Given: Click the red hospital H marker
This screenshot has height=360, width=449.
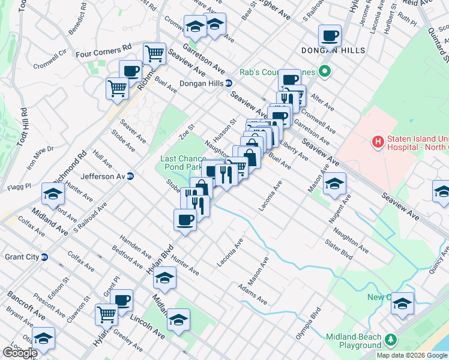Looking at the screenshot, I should tap(378, 143).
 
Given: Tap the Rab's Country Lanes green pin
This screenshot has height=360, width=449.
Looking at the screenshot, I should tap(325, 73).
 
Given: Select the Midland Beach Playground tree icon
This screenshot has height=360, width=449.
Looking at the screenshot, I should tap(391, 340).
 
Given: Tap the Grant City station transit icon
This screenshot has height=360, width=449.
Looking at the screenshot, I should tap(44, 257).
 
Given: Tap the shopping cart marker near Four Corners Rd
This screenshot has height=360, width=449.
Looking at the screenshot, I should tap(155, 53).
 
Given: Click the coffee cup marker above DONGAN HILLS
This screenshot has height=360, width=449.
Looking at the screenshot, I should tap(329, 35).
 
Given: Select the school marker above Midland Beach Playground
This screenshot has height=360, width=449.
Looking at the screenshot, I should tap(402, 303).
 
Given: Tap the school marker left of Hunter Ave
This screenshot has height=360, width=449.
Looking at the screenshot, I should tap(53, 194).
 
